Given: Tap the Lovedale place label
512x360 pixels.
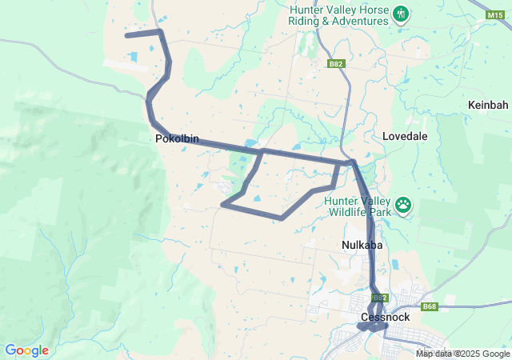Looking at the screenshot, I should [405, 136].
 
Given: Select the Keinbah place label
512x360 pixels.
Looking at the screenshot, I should [488, 105].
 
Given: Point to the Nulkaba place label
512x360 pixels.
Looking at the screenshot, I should [362, 245].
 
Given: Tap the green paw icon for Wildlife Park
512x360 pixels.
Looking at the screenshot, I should [404, 206].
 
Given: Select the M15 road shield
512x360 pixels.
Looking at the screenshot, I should [496, 14].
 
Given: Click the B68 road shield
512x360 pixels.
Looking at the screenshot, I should [429, 306].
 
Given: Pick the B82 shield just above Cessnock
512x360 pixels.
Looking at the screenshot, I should [380, 298].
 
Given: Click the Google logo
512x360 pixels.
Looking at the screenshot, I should [26, 350].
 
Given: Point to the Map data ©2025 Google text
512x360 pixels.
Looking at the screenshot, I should [462, 354].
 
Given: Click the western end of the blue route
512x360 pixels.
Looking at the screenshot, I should [126, 35].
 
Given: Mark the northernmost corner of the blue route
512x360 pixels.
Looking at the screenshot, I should [161, 31].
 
